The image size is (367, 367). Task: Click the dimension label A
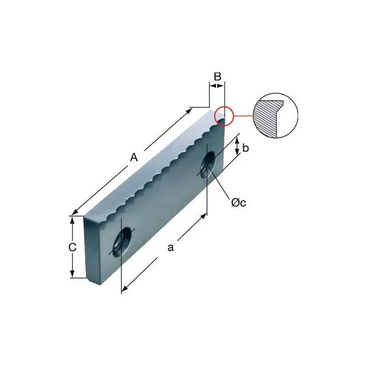134,157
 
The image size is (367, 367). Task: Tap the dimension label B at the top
217,76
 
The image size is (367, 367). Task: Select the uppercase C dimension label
72,247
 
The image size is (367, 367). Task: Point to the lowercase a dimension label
171,247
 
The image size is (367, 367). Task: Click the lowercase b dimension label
245,148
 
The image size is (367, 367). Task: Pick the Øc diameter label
239,203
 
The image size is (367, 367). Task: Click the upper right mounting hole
208,165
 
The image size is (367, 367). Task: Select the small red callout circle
224,116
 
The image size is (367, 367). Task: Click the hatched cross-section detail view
276,116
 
